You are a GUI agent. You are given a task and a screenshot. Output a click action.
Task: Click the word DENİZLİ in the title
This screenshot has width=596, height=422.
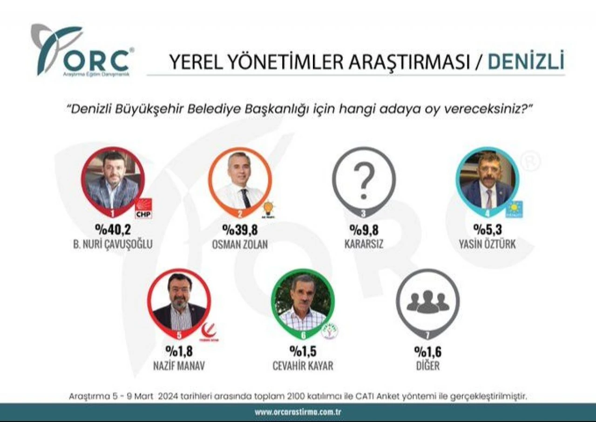526,62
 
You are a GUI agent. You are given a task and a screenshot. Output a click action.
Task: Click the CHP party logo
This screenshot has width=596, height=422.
143,208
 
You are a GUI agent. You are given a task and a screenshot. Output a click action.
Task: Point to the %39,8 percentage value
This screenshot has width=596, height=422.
239,230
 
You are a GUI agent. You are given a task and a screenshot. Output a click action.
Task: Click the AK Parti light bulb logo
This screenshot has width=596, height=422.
269,208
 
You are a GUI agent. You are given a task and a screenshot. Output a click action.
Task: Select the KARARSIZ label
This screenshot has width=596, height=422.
364,243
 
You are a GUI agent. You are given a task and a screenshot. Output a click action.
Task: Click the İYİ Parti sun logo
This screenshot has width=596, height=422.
515,209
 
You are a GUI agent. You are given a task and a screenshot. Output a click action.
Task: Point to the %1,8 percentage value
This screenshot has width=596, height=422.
179,351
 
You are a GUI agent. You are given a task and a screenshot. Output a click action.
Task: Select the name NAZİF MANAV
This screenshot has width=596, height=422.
179,365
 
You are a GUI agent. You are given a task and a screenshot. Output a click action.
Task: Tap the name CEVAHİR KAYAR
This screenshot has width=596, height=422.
303,365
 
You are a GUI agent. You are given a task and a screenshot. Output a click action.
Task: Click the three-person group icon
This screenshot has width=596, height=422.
428,302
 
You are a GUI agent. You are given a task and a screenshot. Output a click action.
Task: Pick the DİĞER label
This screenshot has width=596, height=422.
428,365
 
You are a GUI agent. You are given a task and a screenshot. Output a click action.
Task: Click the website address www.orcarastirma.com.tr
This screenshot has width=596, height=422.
298,412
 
